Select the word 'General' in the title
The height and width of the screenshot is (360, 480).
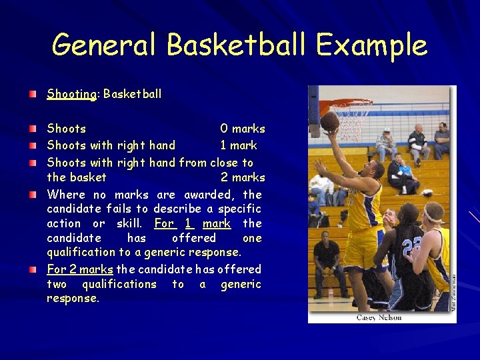coord(105,45)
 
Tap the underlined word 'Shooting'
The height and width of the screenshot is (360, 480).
coord(71,94)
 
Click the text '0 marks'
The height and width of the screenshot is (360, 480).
coord(243,129)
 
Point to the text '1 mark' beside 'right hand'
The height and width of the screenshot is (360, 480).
coord(239,145)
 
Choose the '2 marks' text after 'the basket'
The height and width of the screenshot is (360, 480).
coord(243,177)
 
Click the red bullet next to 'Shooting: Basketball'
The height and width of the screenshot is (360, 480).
coord(33,94)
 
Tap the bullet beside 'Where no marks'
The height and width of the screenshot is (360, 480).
coord(33,195)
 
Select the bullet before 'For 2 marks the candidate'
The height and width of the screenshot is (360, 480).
coord(33,269)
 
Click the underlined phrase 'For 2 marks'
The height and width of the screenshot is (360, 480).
coord(80,269)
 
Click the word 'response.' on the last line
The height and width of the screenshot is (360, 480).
coord(73,299)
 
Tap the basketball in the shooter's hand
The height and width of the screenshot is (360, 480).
coord(329,121)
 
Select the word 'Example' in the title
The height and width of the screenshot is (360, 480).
coord(371,45)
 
